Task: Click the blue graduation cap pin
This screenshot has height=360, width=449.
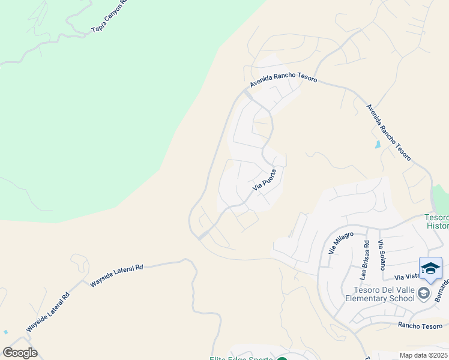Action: (430, 268)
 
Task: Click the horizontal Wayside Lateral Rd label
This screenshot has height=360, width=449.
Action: (116, 275)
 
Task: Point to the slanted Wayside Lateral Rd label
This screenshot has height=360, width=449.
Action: (48, 313)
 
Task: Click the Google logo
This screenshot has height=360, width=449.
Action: (20, 353)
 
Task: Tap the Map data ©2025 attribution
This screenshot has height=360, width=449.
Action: (423, 355)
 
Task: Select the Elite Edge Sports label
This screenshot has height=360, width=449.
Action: (240, 358)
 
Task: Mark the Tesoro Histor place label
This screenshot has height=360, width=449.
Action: (437, 221)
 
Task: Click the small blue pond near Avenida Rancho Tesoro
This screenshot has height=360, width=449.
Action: (377, 145)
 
